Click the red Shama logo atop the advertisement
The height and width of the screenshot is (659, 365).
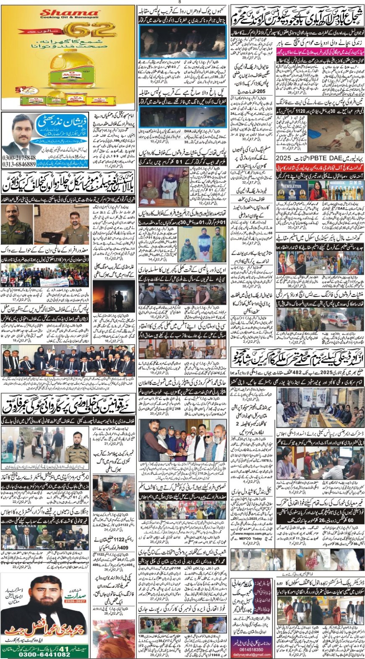(61, 13)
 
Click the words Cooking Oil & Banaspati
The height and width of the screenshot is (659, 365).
(61, 18)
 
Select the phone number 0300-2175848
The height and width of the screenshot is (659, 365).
(18, 158)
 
